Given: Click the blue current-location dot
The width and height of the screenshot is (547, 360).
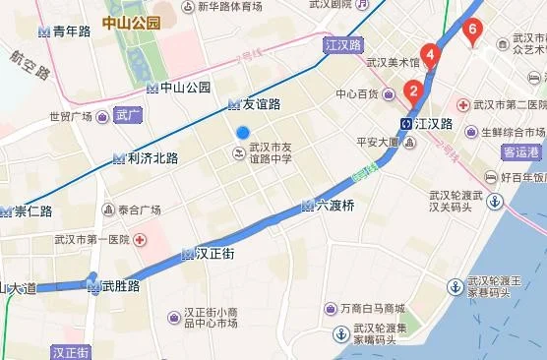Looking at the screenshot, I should point(243,133).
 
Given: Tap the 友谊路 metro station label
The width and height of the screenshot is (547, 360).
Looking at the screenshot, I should point(261,103).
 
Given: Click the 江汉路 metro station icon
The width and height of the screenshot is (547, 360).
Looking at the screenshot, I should point(405,124).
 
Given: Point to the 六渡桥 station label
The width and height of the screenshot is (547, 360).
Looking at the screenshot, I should point(335,206).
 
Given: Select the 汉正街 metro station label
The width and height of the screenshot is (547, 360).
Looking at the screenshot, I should point(214,254).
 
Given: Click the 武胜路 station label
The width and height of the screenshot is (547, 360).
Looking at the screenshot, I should point(120,286).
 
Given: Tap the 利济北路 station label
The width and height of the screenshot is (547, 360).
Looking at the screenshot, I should point(152,157).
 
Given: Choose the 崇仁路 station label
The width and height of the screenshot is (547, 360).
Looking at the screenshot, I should point(32,210).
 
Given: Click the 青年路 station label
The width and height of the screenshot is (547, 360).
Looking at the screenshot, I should point(71,31).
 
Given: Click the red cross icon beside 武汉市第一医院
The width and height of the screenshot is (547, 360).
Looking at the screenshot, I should point(141,240).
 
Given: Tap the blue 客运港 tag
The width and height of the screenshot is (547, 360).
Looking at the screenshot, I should point(520,152).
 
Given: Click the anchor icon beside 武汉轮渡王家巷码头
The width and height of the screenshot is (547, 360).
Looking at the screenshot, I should point(455,286).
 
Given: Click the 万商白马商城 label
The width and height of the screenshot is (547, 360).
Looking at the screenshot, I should point(366,308).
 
